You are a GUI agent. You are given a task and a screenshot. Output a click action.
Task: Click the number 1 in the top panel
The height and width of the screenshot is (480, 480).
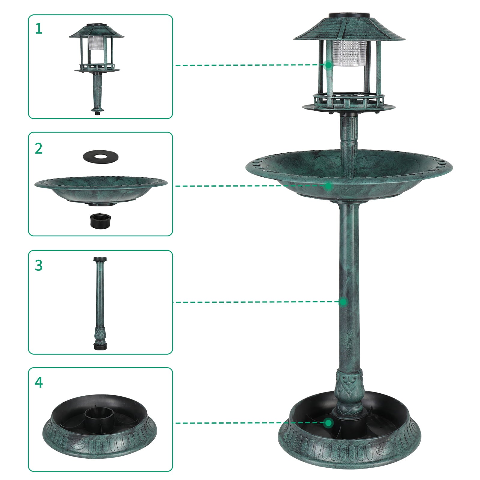(x=39, y=29)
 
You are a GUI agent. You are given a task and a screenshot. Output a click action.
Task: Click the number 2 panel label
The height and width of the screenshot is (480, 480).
(x=39, y=148)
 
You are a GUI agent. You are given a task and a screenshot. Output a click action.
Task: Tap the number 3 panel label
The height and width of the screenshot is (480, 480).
(x=39, y=265)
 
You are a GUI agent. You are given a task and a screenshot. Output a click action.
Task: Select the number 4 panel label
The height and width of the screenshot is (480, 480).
(x=39, y=382)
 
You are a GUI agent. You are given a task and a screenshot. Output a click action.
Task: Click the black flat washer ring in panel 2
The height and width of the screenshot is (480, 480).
(x=101, y=156)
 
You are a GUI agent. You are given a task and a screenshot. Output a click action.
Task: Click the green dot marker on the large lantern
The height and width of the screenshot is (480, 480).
(x=329, y=65)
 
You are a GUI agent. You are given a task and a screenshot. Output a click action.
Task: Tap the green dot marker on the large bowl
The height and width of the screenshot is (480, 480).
(x=329, y=186)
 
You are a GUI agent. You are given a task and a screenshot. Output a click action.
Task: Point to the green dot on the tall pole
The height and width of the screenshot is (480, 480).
(x=343, y=302)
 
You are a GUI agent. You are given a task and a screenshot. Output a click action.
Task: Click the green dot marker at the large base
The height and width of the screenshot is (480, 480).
(x=329, y=423)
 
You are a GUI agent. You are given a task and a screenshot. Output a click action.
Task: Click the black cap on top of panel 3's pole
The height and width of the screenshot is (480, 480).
(x=101, y=259)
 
